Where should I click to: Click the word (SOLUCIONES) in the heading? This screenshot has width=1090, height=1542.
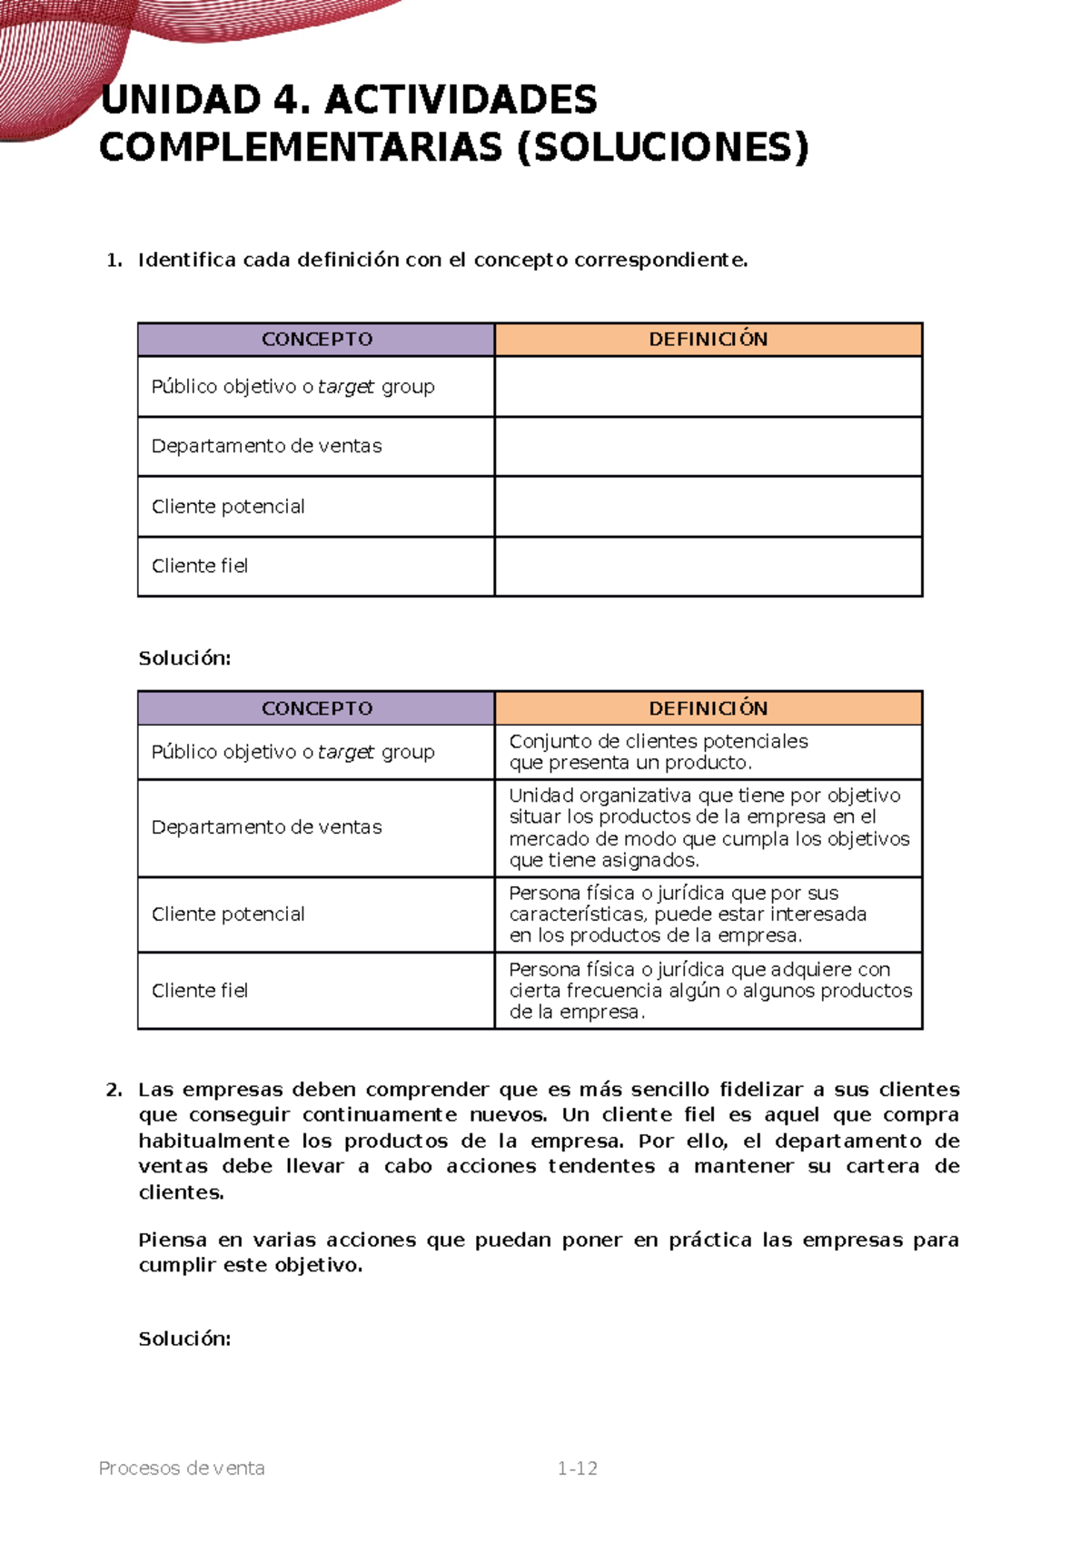point(662,148)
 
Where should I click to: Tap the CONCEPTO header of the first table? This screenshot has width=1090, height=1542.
point(316,340)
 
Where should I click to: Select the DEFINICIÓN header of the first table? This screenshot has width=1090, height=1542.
point(708,340)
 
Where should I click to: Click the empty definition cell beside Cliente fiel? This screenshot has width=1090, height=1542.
point(708,567)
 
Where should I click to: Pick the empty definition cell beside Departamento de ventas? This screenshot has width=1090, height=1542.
point(708,447)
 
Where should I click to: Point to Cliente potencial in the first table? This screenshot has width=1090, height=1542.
point(228,507)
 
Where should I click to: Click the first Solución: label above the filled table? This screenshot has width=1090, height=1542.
point(184,658)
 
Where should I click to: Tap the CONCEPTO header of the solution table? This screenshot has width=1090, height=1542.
point(316,708)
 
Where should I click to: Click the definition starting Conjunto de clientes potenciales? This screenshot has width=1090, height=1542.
point(658,752)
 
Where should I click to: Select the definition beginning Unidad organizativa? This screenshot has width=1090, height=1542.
point(708,827)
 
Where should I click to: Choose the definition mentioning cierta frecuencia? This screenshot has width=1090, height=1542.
point(709,991)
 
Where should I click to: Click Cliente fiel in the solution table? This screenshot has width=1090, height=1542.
point(200,991)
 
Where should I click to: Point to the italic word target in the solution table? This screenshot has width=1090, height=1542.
point(346,753)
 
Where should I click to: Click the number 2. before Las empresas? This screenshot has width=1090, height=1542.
point(114,1090)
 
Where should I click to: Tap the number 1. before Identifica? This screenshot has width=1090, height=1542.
point(114,261)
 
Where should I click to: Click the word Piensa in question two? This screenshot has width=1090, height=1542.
point(172,1241)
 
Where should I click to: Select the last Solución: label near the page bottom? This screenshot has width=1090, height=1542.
point(184,1339)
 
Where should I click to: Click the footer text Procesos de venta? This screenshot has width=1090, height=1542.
point(182,1468)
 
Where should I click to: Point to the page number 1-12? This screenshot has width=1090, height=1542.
point(577,1468)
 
